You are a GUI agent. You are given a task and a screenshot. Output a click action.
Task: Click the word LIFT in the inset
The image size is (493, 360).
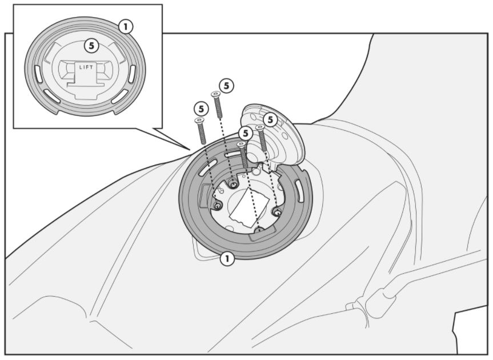[x=86, y=67]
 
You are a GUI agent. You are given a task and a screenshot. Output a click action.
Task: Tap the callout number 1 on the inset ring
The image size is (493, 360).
[x=126, y=27]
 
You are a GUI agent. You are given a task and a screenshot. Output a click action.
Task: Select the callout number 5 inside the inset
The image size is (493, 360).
[x=91, y=46]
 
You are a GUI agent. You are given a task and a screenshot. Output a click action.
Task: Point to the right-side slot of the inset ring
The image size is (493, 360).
[x=132, y=74]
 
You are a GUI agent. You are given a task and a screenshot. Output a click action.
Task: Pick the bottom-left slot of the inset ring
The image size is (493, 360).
[x=52, y=96]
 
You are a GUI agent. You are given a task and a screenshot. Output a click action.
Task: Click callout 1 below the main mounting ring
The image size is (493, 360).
[x=227, y=259]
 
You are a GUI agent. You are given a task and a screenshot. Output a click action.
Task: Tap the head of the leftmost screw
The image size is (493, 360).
[x=199, y=121]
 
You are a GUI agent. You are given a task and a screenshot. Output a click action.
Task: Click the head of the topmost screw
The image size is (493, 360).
[x=215, y=94]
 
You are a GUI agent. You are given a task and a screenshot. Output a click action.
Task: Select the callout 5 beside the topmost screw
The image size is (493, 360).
[x=227, y=86]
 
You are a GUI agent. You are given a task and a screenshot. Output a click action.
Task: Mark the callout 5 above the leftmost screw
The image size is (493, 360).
[x=201, y=109]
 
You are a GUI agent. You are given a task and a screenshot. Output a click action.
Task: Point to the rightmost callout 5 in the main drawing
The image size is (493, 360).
[x=270, y=120]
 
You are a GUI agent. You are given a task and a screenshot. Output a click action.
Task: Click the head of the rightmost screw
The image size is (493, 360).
[x=260, y=127]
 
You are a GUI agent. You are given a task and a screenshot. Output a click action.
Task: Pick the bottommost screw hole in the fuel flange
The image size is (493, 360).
[x=259, y=230]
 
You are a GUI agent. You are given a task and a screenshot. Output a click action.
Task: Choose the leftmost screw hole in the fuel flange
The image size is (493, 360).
[x=217, y=206]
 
